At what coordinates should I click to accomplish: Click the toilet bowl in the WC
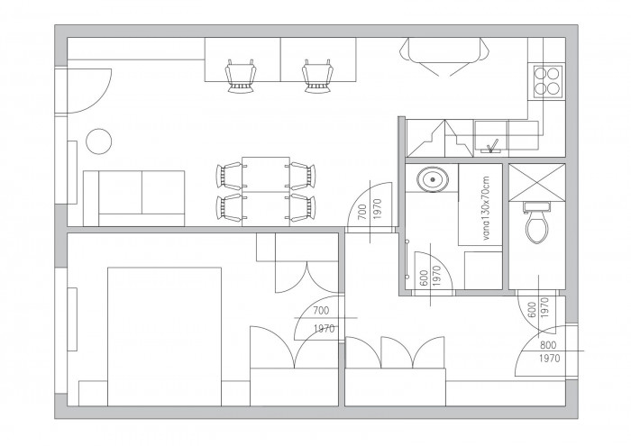(x=537, y=228)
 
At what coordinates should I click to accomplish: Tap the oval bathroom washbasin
(x=433, y=179)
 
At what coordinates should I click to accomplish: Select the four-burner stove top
(x=548, y=82)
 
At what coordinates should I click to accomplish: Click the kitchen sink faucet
(x=492, y=146)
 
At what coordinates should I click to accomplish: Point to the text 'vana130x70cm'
(x=487, y=209)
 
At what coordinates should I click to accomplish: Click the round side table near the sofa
(x=99, y=141)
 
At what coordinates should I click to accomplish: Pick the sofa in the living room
(x=133, y=198)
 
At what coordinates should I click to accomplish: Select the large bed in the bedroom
(x=164, y=337)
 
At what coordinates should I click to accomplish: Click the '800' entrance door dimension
(x=548, y=345)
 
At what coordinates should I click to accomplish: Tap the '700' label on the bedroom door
(x=321, y=311)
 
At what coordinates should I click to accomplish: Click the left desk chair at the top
(x=241, y=77)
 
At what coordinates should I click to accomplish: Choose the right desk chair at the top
(x=318, y=77)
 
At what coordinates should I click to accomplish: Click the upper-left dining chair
(x=230, y=176)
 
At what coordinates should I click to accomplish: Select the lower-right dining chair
(x=302, y=207)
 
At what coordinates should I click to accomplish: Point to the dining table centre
(x=266, y=191)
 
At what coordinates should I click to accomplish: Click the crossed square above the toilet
(x=537, y=182)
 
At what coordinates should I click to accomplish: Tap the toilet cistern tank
(x=536, y=206)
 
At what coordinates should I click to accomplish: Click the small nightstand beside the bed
(x=93, y=394)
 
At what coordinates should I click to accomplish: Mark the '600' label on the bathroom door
(x=424, y=278)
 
